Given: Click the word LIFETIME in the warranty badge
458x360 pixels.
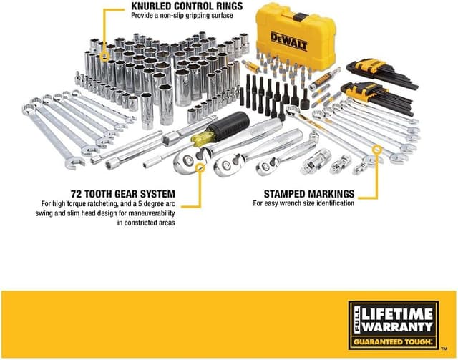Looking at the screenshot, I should (401, 313).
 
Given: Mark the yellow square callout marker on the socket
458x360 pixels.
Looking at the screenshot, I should (104, 54).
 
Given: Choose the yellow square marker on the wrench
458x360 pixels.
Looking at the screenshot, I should (378, 150).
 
